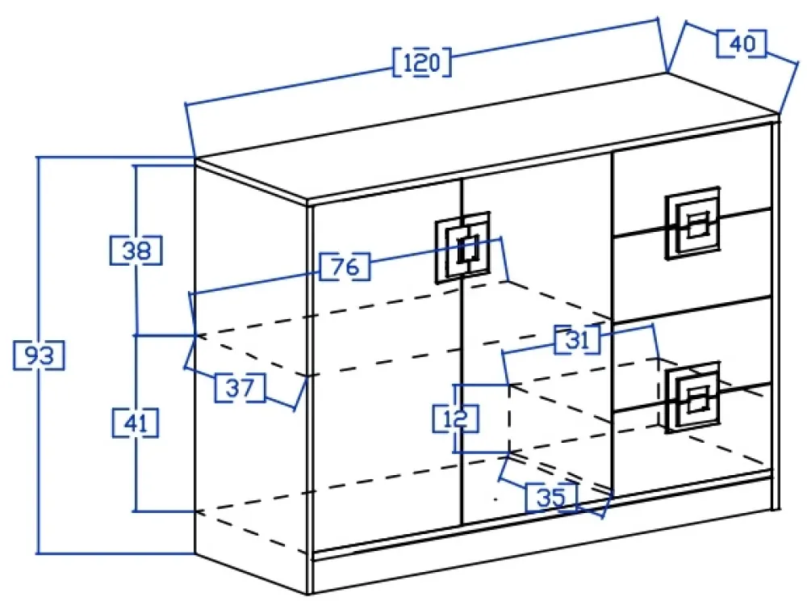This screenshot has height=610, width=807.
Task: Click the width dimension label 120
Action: (421, 62)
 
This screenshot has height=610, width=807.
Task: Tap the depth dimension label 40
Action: (741, 44)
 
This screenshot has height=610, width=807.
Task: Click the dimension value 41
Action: (135, 423)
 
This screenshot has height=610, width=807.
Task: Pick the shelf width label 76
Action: (345, 267)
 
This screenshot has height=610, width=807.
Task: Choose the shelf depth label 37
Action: (240, 389)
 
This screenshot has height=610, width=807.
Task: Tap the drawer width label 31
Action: (578, 339)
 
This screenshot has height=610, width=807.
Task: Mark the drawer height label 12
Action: (456, 419)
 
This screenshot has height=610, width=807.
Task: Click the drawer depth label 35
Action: (551, 497)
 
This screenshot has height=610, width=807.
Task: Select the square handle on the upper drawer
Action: (692, 224)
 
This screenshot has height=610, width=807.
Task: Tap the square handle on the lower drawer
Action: (692, 398)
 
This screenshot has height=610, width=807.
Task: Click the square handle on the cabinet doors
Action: (462, 247)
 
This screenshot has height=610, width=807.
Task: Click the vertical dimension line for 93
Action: (38, 242)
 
